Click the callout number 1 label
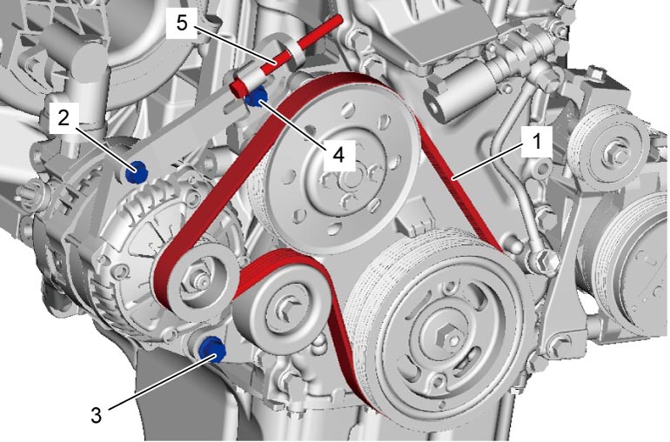[x=538, y=142]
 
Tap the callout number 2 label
[x=64, y=117]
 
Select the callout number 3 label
[x=97, y=415]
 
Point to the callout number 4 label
[x=338, y=156]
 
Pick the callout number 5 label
[x=182, y=23]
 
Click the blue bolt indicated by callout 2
[x=137, y=172]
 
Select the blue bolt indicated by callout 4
[x=256, y=97]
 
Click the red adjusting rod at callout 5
[x=285, y=54]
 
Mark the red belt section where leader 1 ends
[x=454, y=178]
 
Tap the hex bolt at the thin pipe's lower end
[x=544, y=261]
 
